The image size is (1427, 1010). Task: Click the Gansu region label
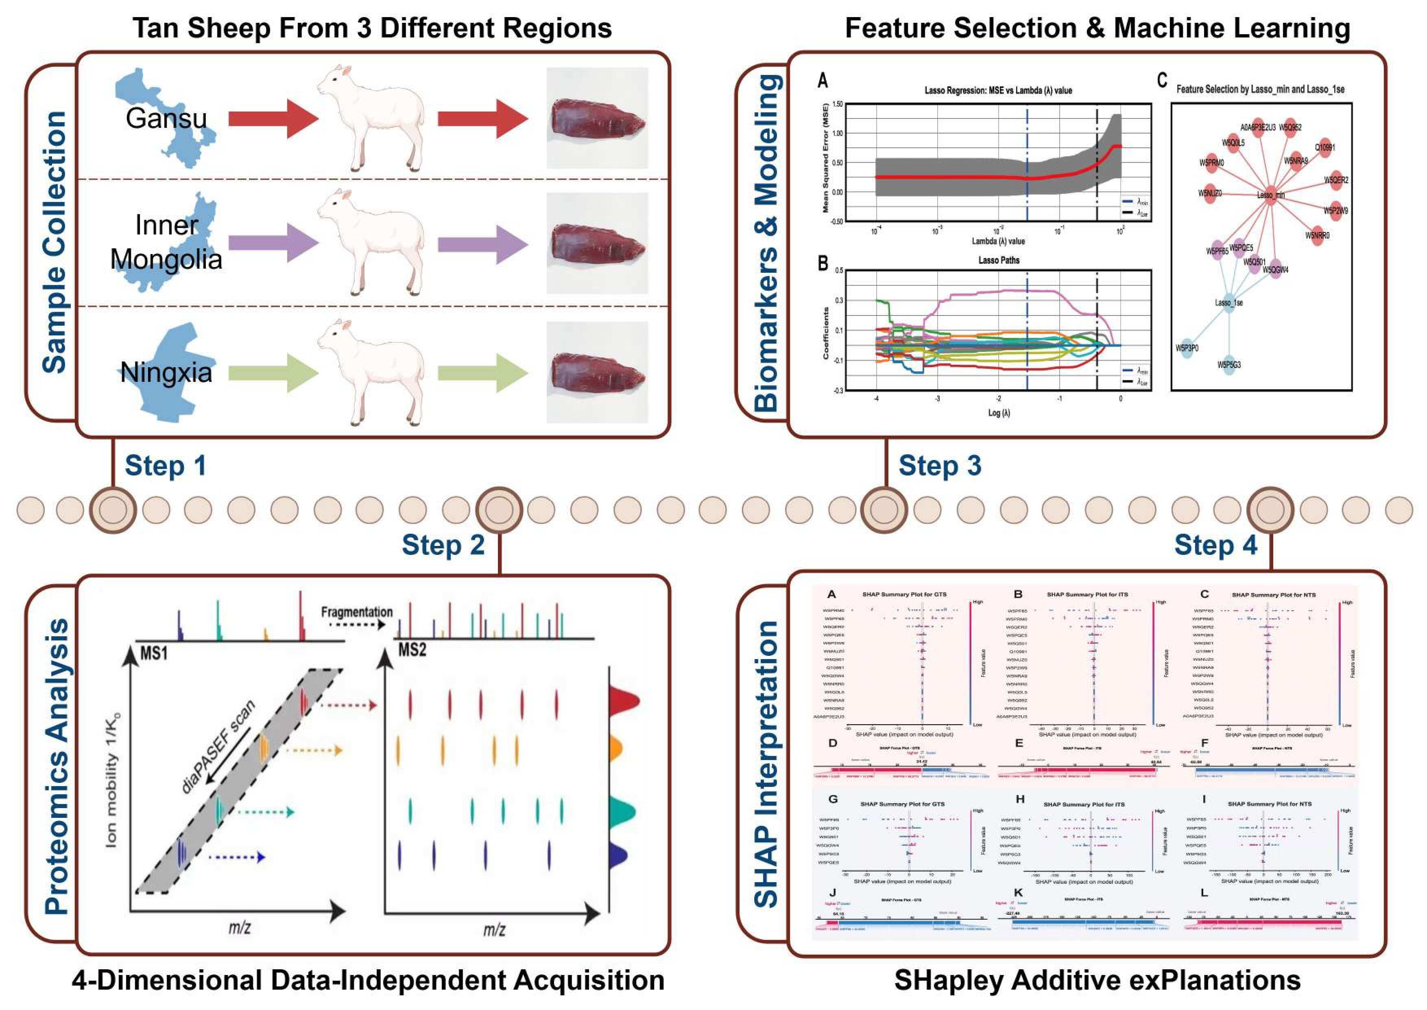(166, 118)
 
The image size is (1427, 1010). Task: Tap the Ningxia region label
(166, 372)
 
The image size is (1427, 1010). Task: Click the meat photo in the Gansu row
(597, 118)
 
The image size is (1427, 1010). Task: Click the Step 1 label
(165, 466)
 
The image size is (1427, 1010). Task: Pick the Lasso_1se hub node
(1229, 303)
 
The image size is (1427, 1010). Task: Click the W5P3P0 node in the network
(1187, 348)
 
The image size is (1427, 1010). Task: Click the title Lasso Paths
(999, 260)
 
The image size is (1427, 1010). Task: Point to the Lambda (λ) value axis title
(998, 241)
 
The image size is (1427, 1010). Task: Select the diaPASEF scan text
(218, 746)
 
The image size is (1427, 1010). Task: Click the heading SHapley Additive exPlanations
(1097, 980)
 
